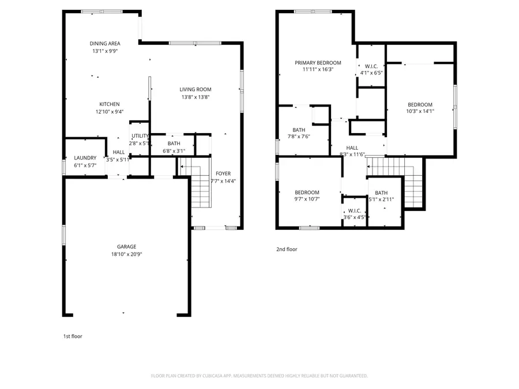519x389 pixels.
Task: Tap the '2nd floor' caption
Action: coord(287,250)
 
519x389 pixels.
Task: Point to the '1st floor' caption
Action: coord(73,336)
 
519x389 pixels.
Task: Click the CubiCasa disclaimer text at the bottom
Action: coord(259,375)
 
